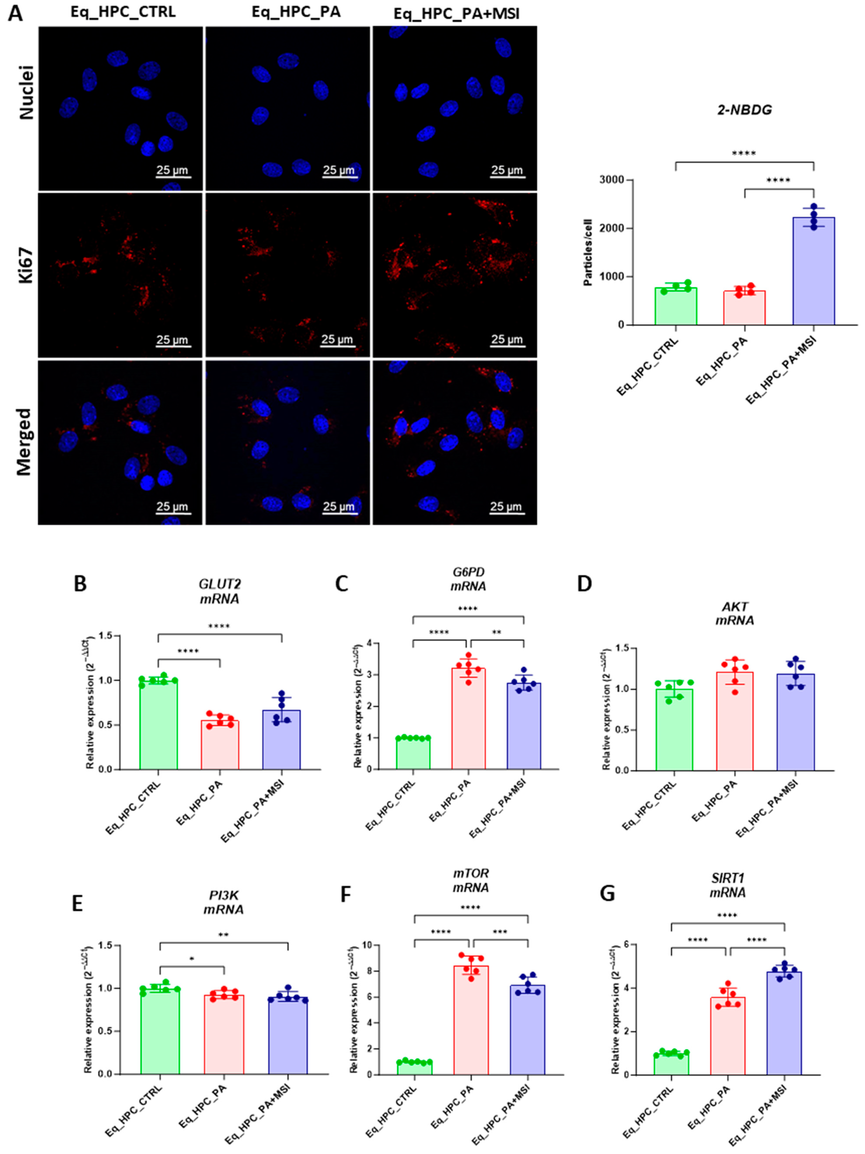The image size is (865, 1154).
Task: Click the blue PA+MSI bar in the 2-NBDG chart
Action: tap(813, 271)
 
